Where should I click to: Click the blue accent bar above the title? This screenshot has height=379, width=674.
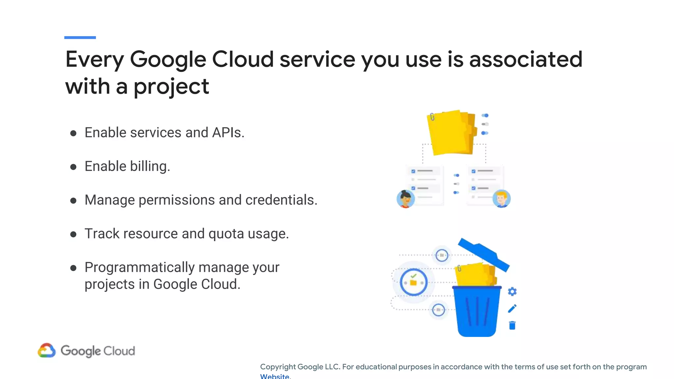coord(80,38)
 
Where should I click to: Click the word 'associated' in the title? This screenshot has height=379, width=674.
coord(526,59)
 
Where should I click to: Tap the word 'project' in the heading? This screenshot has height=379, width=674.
coord(171,87)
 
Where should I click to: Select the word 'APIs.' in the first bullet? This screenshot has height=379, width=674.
coord(228,133)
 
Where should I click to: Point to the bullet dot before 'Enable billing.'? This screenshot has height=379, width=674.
coord(73,167)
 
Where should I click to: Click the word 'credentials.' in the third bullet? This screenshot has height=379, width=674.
coord(281,200)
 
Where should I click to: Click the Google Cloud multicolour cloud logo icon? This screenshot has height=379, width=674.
coord(47,350)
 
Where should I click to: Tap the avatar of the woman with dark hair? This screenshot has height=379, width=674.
coord(405,199)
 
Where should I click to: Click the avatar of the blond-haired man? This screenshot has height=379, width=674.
coord(501,199)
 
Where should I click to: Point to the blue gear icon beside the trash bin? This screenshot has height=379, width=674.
coord(512,291)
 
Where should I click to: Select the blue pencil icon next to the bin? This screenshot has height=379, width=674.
coord(512,309)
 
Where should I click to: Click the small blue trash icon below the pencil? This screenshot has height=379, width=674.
coord(512,325)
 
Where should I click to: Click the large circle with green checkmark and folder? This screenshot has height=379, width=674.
coord(414,282)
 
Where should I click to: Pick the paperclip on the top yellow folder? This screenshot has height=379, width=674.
coord(432,117)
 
